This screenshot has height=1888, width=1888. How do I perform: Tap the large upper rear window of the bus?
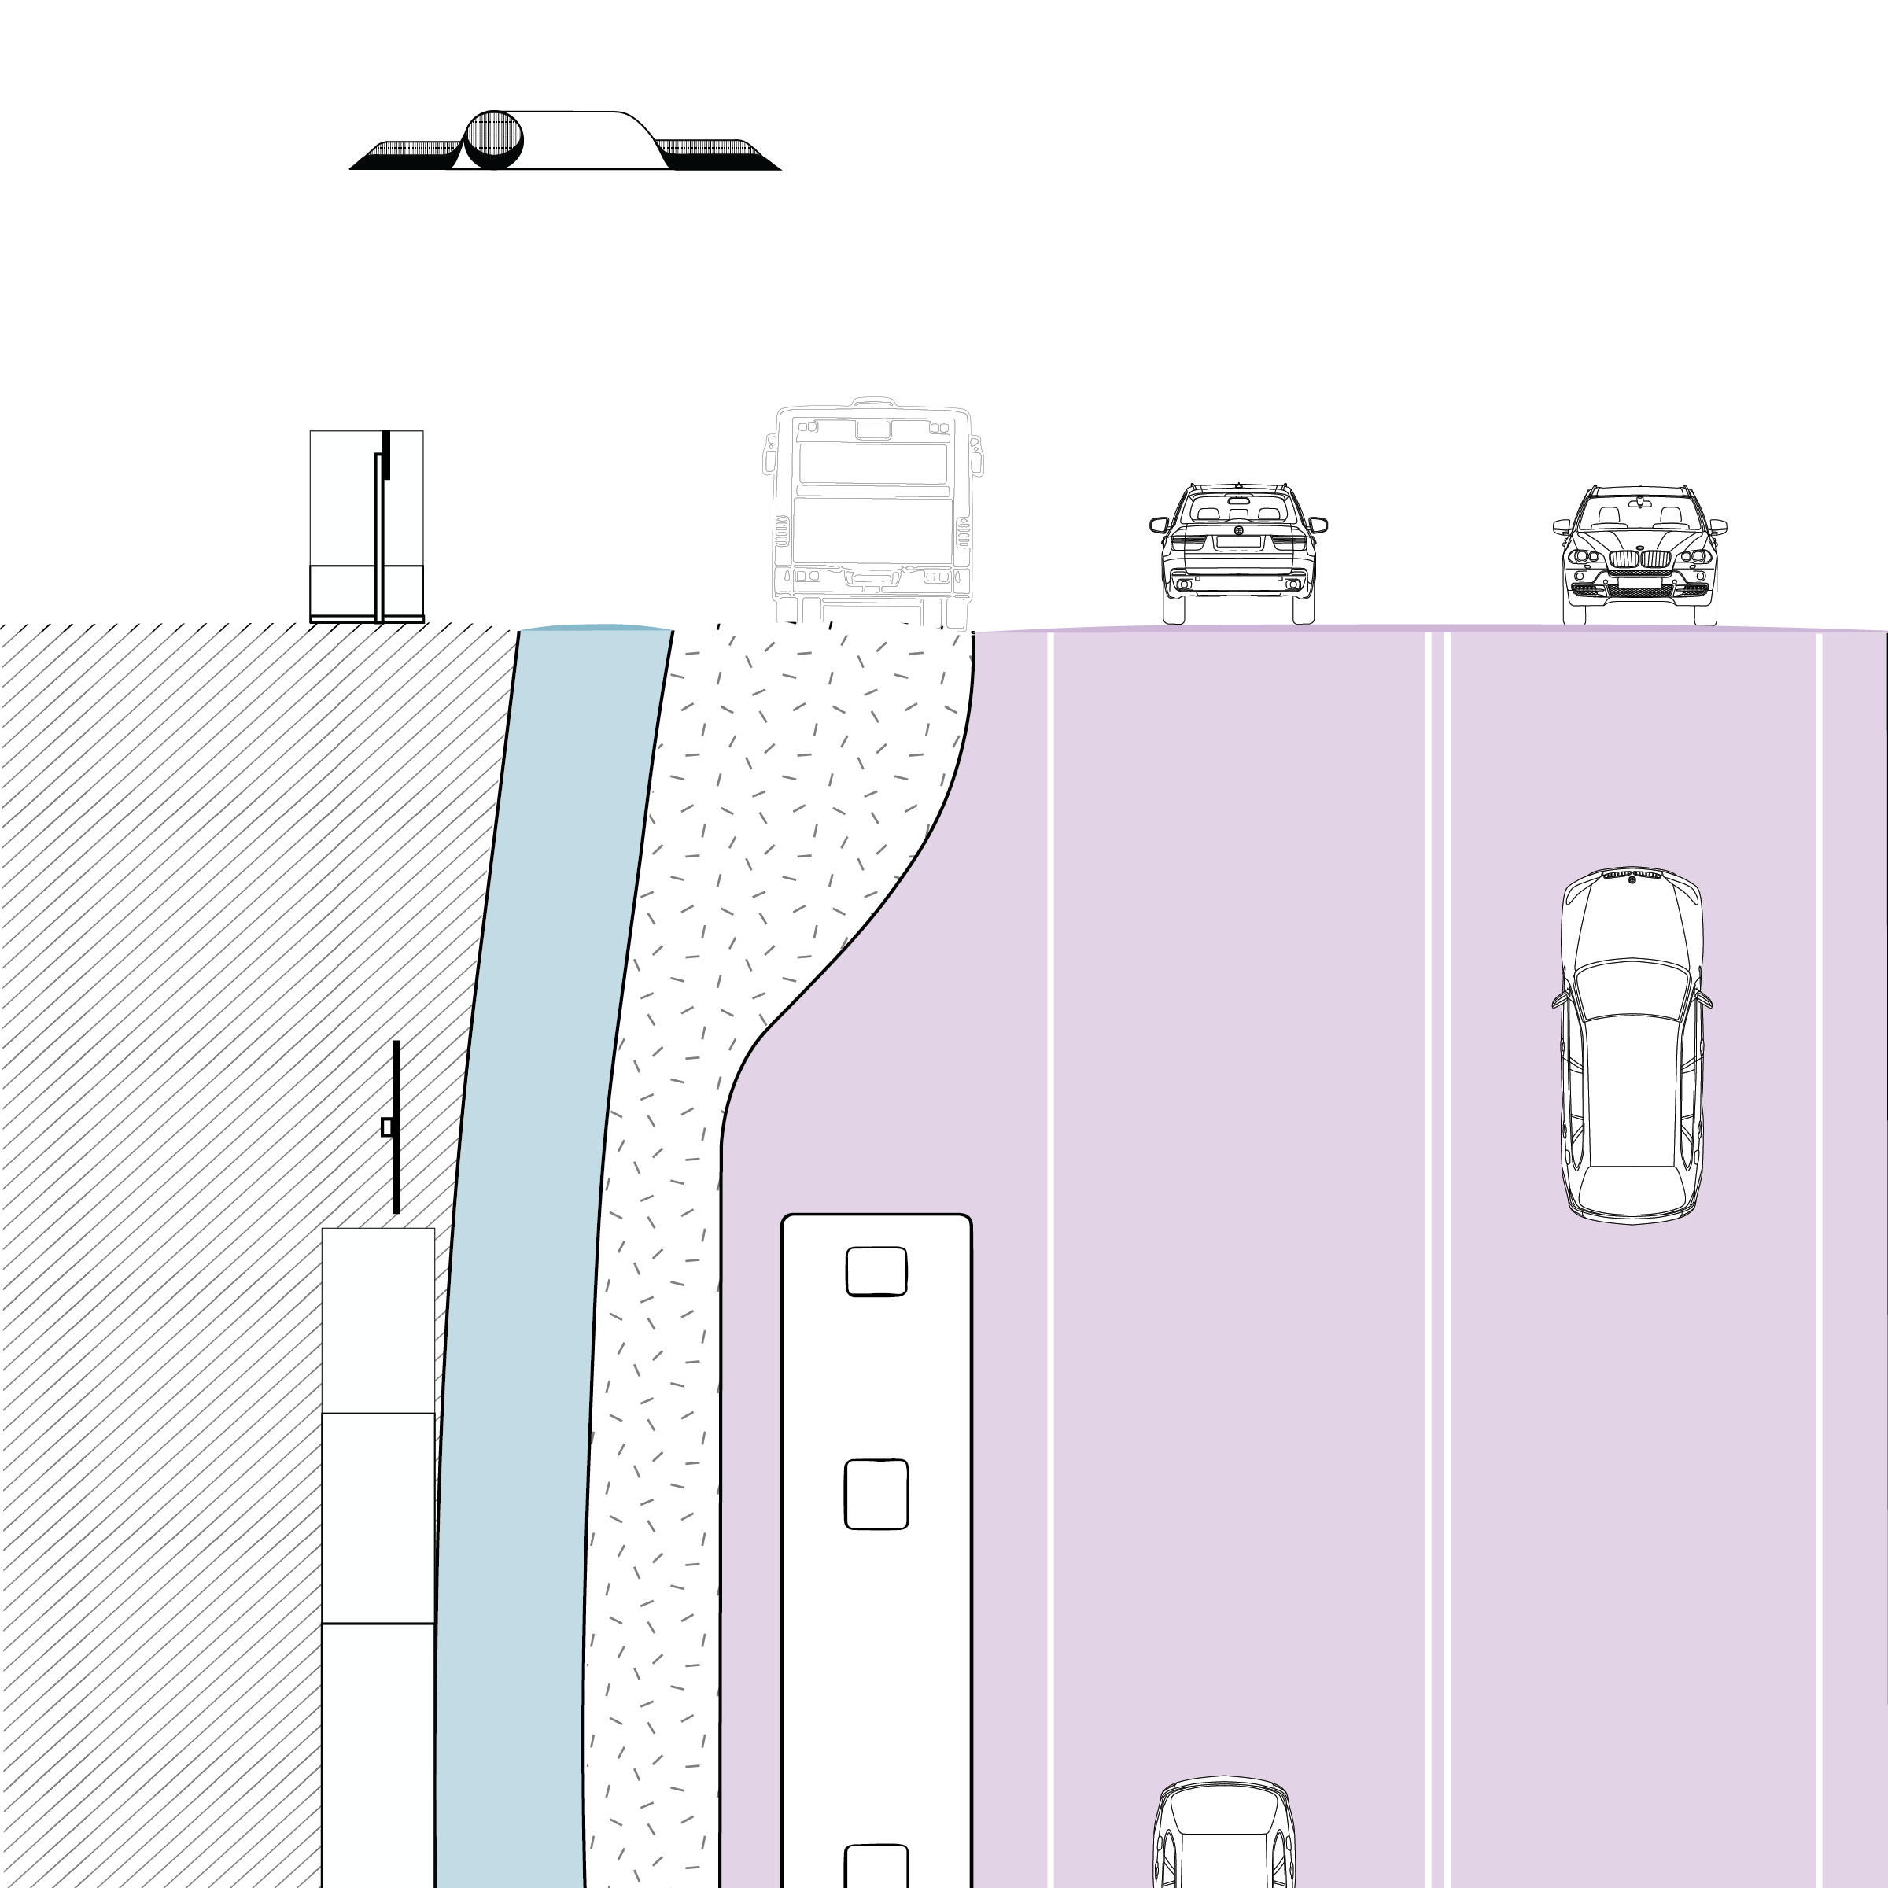click(x=872, y=463)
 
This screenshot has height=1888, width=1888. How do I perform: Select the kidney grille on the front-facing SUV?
click(x=1639, y=559)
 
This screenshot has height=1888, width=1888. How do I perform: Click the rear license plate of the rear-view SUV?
click(x=1237, y=569)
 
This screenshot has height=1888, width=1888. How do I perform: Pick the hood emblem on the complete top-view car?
click(x=1631, y=881)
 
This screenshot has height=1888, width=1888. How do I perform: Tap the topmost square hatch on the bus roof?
click(x=876, y=1271)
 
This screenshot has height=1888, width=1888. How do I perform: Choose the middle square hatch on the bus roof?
click(x=876, y=1494)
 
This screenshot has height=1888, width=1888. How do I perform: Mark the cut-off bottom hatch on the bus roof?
click(x=876, y=1867)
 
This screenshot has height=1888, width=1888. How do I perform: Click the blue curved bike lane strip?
click(x=528, y=1270)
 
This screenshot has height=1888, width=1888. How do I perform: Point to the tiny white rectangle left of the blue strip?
click(x=387, y=1127)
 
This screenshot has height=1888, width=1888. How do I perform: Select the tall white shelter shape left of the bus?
click(x=367, y=525)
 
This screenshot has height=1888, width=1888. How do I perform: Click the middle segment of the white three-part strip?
click(x=378, y=1517)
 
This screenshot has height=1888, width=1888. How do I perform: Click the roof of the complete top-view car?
click(x=1632, y=1085)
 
